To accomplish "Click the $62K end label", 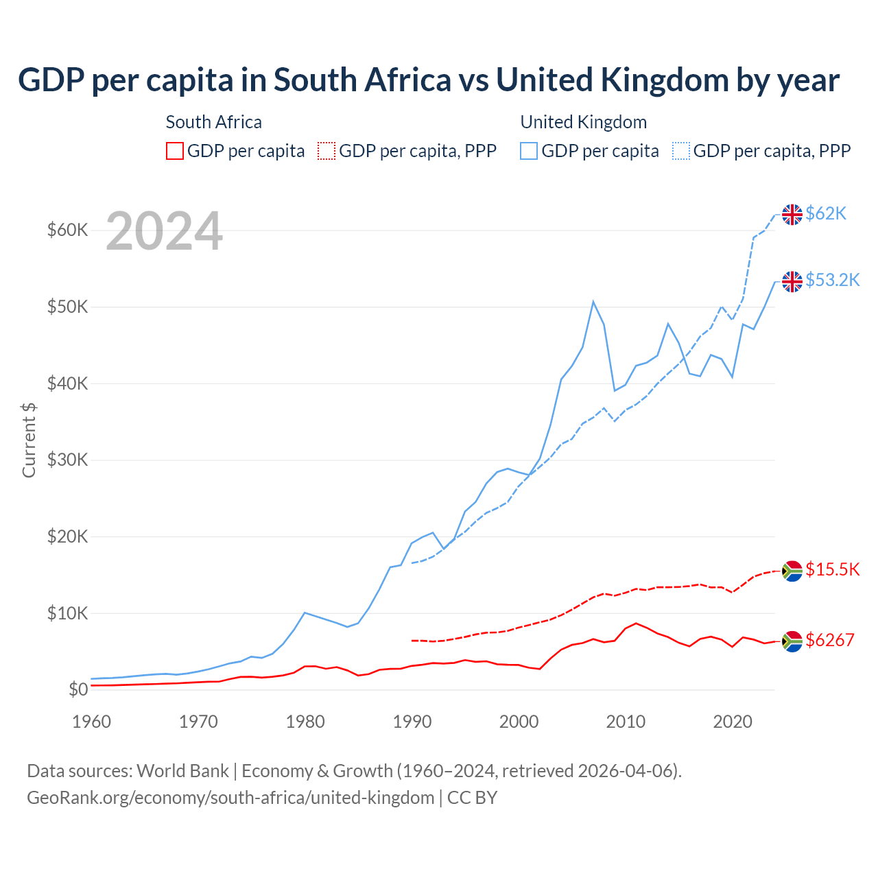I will [826, 213].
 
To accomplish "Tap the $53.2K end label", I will [832, 280].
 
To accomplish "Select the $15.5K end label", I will [832, 569].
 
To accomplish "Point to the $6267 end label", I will [829, 640].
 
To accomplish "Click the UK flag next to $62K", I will [792, 214].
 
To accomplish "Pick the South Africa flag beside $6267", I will [792, 641].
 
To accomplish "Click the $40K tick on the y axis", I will [67, 383].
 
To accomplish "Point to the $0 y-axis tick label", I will [78, 689].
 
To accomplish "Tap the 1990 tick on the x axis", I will [412, 722].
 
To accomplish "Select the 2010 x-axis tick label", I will [626, 722].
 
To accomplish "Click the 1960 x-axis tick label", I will [91, 722].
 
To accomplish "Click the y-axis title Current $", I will [29, 440].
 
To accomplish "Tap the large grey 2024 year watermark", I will [164, 231].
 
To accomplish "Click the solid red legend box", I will [175, 151].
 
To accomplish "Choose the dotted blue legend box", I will [681, 151].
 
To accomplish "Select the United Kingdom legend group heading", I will [583, 122].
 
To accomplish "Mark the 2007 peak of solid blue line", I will [593, 302].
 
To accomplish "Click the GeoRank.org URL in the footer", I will [230, 798].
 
